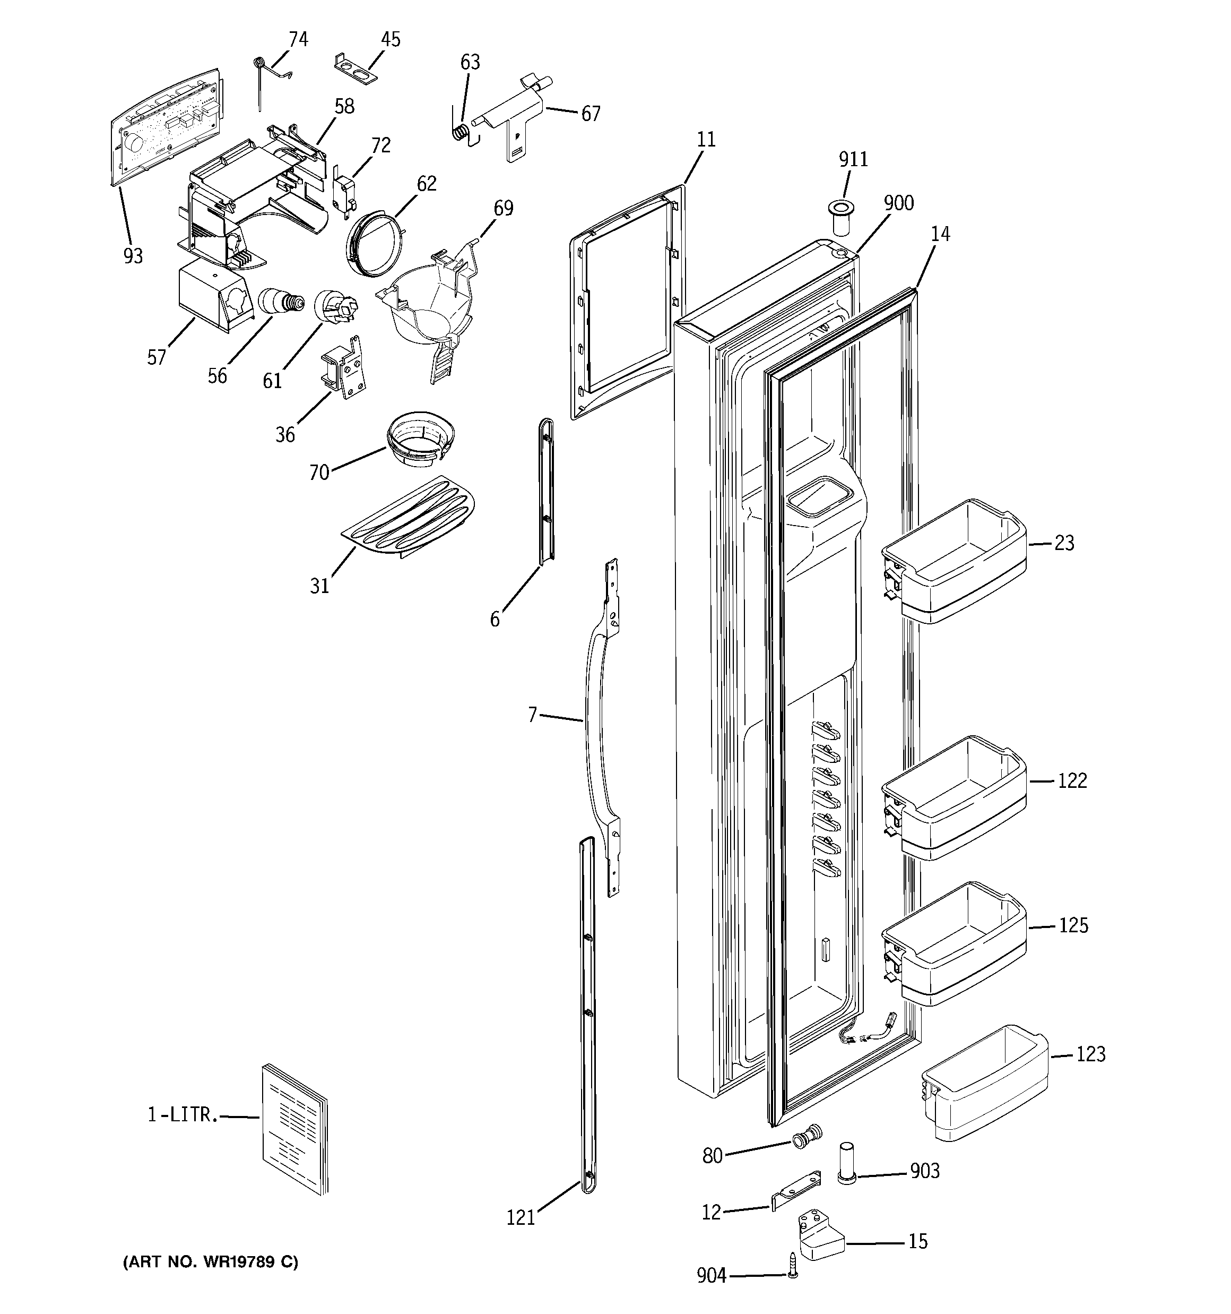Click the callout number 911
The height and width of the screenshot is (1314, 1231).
[x=853, y=159]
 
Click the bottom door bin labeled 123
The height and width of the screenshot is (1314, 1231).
[x=985, y=1083]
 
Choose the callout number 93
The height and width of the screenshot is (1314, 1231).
[x=133, y=255]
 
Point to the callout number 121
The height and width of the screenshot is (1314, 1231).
[x=520, y=1217]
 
